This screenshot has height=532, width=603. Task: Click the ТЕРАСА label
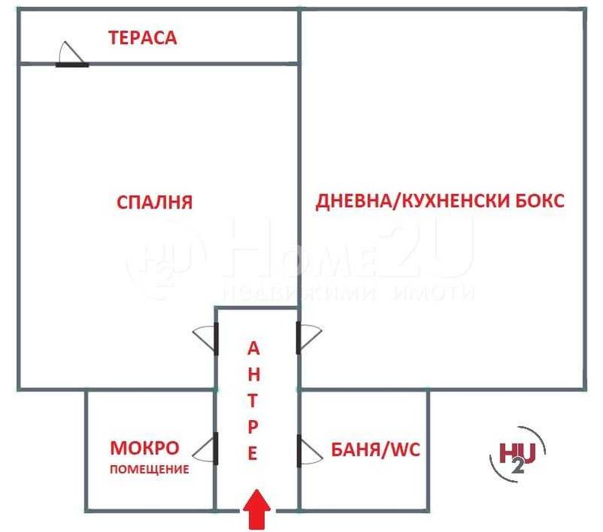pyautogui.click(x=142, y=37)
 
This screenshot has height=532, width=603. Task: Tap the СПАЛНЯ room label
pyautogui.click(x=155, y=202)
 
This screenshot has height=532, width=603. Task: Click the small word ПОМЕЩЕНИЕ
pyautogui.click(x=148, y=469)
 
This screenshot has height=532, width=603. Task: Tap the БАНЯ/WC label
pyautogui.click(x=376, y=449)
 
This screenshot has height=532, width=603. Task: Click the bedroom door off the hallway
pyautogui.click(x=208, y=337)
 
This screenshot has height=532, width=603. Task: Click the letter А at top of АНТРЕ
pyautogui.click(x=254, y=349)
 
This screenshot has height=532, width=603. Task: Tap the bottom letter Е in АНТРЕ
pyautogui.click(x=254, y=454)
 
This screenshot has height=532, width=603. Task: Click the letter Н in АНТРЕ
pyautogui.click(x=254, y=374)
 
